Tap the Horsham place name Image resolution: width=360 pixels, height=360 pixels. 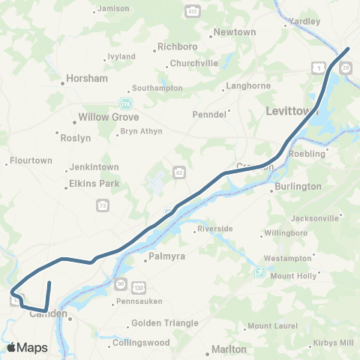[x=88, y=78]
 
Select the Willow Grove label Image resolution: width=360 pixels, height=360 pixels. [x=104, y=118]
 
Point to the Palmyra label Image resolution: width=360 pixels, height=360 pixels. [x=166, y=257]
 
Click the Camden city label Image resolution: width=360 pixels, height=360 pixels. [x=48, y=314]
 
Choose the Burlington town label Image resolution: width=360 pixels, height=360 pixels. [x=298, y=186]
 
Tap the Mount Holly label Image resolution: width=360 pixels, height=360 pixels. [x=293, y=276]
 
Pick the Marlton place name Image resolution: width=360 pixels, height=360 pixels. [x=229, y=349]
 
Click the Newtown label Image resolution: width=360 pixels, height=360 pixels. [x=235, y=32]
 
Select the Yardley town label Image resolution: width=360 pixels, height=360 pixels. [x=304, y=21]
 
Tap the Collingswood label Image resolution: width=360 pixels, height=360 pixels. [x=142, y=343]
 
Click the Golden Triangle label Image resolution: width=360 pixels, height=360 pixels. [x=165, y=323]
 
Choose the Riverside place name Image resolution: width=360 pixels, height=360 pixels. [x=215, y=229]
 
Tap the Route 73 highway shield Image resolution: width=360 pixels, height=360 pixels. [x=101, y=205]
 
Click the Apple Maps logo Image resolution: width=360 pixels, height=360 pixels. [x=27, y=347]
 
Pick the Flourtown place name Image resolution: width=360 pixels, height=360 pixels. [x=30, y=160]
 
